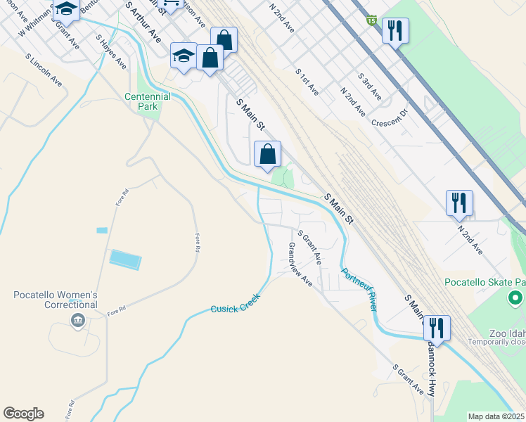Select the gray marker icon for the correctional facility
click(77, 321)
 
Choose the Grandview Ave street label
click(300, 264)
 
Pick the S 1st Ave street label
click(307, 82)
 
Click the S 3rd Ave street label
click(369, 86)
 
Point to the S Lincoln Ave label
click(44, 70)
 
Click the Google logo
click(23, 414)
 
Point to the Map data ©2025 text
click(496, 416)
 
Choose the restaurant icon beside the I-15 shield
click(395, 30)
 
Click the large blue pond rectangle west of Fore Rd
click(125, 259)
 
